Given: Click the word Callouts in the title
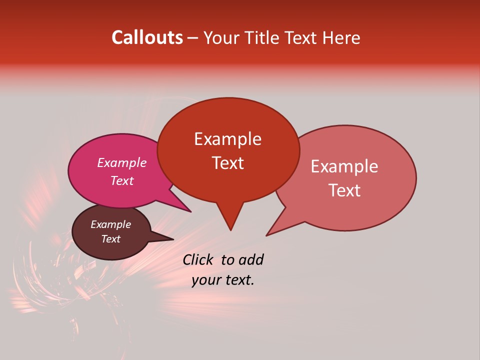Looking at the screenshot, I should pos(147,37).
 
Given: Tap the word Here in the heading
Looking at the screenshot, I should pos(341,38).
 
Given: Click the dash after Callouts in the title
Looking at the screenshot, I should pos(193,38).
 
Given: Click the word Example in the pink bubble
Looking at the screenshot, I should pos(122,162).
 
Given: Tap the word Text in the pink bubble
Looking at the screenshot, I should pos(122,180).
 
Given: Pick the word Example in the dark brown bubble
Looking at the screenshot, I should pos(111,224).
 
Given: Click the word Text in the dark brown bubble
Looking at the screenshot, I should pos(111,239).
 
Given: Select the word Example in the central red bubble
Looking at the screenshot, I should pos(227,139).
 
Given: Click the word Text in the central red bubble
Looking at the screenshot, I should pos(227,163).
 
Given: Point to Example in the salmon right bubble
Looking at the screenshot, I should pos(344,166).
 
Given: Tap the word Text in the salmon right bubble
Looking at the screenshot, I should pos(344,190).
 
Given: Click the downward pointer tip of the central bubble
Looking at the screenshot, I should pos(230,229).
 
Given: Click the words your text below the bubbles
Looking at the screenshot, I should pos(223,280).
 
